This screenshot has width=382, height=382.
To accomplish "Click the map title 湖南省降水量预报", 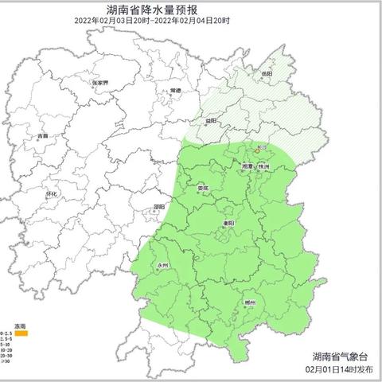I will pos(191,10).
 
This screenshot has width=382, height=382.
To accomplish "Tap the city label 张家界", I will pos(99,82).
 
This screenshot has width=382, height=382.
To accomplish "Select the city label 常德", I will pos(176,92).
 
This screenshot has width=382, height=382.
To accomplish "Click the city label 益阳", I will pos(211,121).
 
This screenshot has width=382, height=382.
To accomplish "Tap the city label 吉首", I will pos(42,136).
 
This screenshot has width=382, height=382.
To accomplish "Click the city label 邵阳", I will pos(159,206).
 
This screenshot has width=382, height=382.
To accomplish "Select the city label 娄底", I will pos(203,189).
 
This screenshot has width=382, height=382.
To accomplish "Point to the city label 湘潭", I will pos(248,166).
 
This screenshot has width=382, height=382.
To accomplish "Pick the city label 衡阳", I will pos(229,224).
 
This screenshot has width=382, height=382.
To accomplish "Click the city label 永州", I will pos(163,265).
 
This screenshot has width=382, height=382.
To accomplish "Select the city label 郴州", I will pos(250,303).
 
